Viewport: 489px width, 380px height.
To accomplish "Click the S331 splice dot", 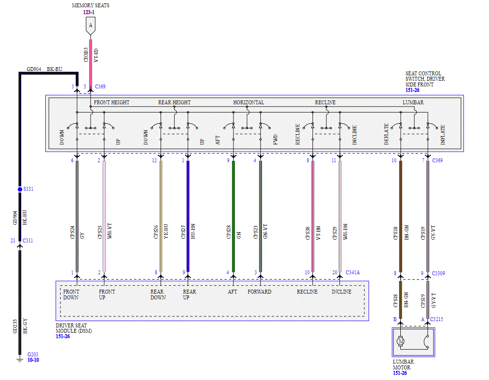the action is click(20, 189).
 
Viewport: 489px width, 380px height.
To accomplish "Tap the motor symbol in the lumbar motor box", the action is click(401, 341).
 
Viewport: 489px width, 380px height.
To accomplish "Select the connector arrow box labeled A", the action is click(91, 26).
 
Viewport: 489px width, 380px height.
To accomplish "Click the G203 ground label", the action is click(33, 354).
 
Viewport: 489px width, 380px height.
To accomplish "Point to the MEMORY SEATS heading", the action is click(91, 5).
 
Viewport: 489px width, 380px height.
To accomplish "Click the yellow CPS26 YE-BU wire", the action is click(161, 216).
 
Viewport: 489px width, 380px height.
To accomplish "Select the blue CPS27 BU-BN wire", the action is click(188, 216).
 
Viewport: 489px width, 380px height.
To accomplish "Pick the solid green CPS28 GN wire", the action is click(233, 216).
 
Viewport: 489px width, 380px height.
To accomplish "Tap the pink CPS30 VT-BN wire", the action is click(313, 216).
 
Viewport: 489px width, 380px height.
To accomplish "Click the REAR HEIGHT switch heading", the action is click(174, 102).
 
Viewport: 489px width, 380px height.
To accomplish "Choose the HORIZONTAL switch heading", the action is click(248, 102).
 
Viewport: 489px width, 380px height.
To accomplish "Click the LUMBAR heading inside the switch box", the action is click(413, 102).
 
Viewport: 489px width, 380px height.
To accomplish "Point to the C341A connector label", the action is click(353, 273).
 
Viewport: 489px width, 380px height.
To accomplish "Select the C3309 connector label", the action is click(438, 273).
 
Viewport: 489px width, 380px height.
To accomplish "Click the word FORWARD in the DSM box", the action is click(259, 292).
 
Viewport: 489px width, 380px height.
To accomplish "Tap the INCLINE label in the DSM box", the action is click(341, 292).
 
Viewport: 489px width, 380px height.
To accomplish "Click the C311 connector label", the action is click(28, 240).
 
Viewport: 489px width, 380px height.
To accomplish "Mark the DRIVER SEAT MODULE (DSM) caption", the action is click(74, 328).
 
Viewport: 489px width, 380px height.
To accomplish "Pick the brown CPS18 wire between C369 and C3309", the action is click(401, 216).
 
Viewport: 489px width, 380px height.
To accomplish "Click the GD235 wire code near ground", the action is click(15, 326).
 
